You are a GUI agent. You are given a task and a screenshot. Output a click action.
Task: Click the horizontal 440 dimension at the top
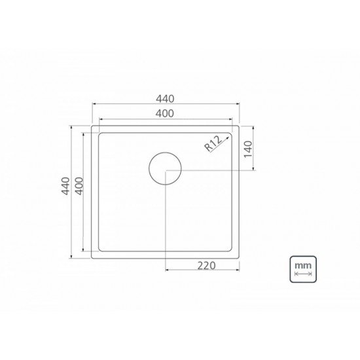click(165, 99)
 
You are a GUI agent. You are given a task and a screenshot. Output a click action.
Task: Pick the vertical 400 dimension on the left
click(79, 190)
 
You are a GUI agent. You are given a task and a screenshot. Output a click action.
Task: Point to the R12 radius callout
click(213, 142)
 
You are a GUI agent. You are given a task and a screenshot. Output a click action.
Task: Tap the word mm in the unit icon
click(302, 266)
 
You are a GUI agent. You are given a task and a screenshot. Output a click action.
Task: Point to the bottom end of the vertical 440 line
click(72, 257)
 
